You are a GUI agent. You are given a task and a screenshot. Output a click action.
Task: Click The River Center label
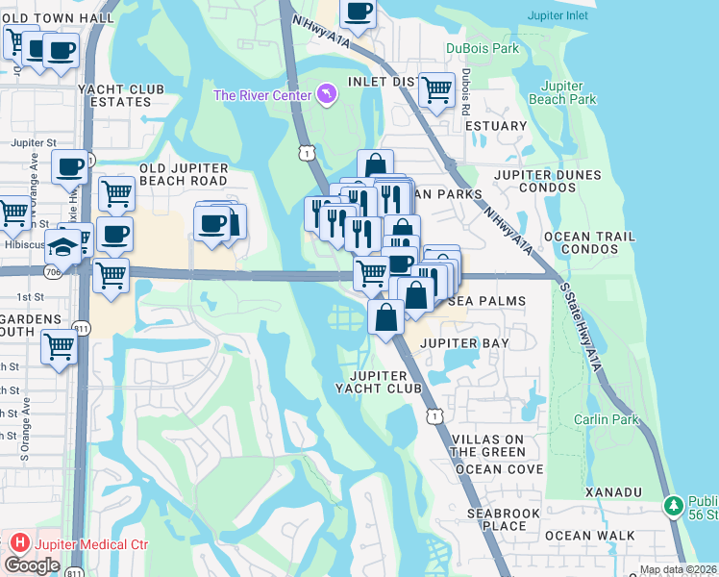point(261,94)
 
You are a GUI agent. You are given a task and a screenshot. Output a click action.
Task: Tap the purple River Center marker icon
point(329,93)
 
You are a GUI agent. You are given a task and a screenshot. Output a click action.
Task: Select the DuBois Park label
point(482,48)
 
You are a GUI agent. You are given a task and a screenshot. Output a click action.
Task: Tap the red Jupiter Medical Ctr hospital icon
point(19,544)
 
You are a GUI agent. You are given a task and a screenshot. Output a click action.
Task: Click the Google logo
point(32,565)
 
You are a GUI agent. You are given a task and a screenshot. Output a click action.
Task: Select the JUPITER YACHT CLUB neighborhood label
point(384,381)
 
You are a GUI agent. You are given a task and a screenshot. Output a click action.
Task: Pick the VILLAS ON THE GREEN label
point(489,445)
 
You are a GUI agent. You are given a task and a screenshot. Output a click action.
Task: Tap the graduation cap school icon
point(64,245)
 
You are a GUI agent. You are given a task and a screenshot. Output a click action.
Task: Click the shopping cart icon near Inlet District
point(437,90)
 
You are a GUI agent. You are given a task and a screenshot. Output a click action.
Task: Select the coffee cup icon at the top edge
point(359,12)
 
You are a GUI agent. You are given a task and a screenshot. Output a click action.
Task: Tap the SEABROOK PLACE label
point(503,519)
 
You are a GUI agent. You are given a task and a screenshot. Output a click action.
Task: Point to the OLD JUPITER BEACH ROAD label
point(184,174)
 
